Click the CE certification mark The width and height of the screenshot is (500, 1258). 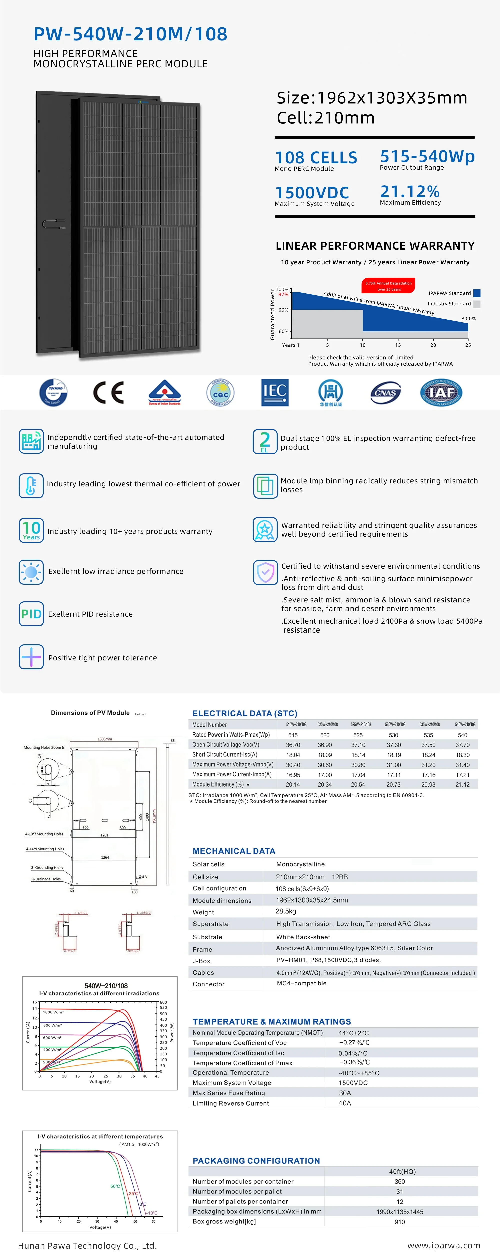[x=108, y=393]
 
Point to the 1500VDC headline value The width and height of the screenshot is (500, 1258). [x=312, y=192]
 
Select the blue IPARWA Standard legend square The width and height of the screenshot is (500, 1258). [x=477, y=293]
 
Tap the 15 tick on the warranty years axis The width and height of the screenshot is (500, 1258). [x=398, y=345]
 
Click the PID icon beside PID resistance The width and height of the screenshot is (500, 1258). [x=31, y=614]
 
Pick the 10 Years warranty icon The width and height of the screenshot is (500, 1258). [x=31, y=530]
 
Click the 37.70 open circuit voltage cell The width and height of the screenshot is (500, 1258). [x=462, y=745]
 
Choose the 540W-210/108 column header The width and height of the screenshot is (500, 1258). [x=465, y=724]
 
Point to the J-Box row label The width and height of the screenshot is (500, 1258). [x=201, y=961]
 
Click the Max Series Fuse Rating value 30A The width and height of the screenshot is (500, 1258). [x=345, y=1093]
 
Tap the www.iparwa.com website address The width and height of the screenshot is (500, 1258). [x=443, y=1245]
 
